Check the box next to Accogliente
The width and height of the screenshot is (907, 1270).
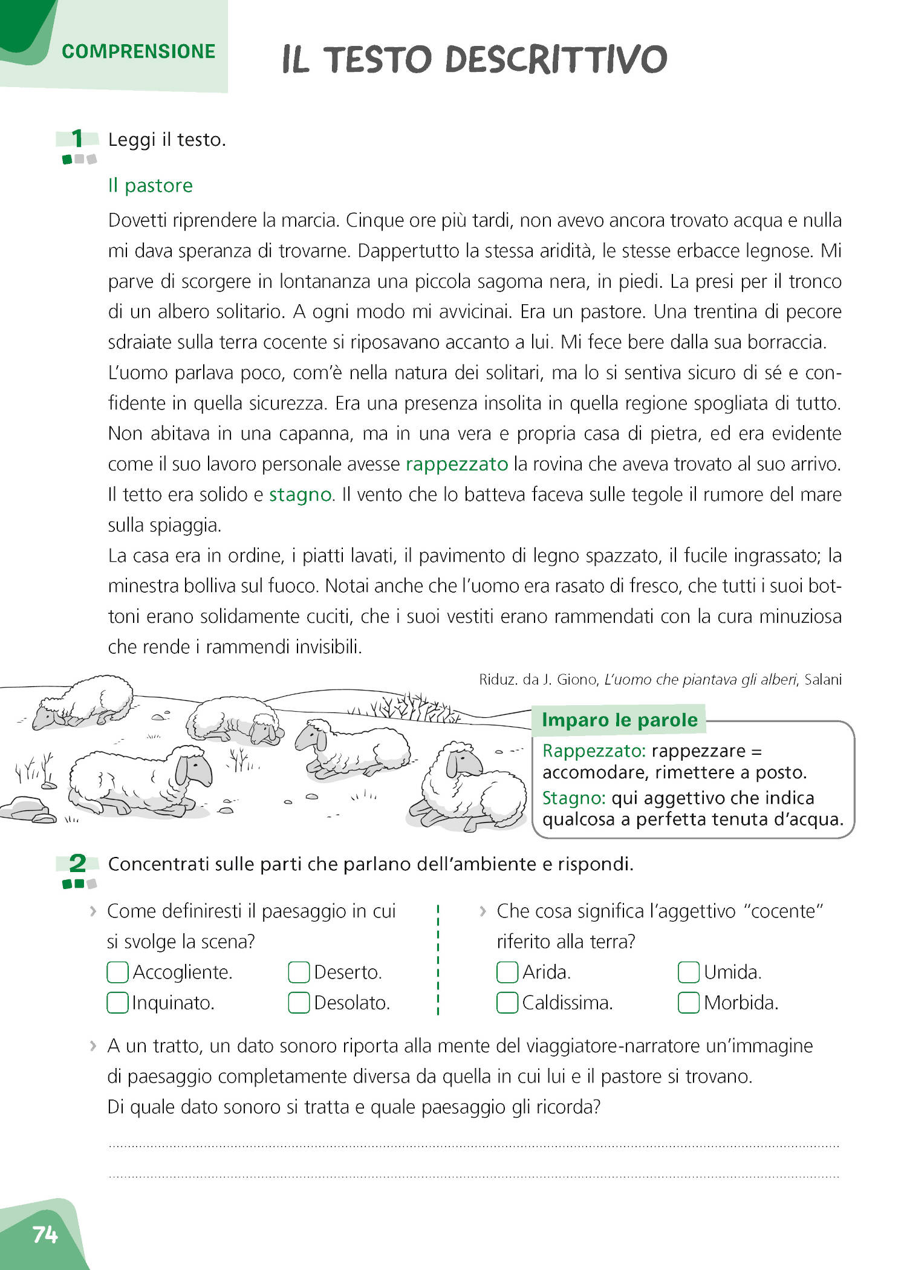coord(117,972)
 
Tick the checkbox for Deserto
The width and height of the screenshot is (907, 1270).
coord(299,972)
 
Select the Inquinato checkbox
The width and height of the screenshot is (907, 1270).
coord(117,1003)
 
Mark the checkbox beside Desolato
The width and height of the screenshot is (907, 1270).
coord(299,1003)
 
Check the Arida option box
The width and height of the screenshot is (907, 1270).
coord(507,972)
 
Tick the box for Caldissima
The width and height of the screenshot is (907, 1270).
coord(507,1003)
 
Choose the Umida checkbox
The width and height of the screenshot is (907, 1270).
coord(689,972)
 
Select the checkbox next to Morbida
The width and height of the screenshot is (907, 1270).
coord(689,1003)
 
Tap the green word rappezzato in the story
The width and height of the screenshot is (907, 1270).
coord(457,464)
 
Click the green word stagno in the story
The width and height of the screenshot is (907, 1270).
coord(301,495)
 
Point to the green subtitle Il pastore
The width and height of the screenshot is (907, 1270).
coord(150,186)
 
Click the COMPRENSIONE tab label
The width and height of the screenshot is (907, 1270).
coord(138,51)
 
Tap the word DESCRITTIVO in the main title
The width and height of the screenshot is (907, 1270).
coord(556,59)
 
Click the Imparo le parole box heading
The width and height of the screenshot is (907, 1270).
coord(619,720)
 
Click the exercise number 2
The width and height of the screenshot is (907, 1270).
coord(77,863)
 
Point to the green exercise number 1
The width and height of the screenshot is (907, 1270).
coord(77,138)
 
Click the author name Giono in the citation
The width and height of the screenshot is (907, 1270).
coord(576,680)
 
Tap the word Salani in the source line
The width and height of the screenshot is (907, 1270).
coord(822,680)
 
